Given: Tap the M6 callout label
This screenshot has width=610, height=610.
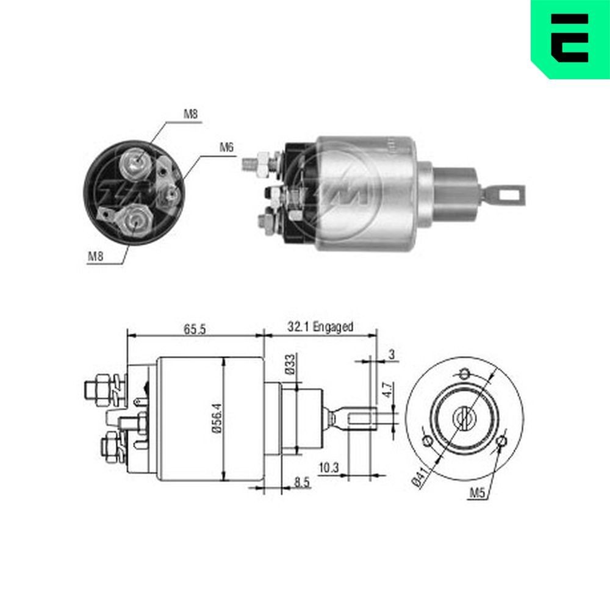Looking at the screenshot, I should coord(226,148).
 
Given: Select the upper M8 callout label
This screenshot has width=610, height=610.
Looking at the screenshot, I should coord(191,114).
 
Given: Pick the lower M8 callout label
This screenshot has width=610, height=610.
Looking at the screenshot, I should coord(95,257).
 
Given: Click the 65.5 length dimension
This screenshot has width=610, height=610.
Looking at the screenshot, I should coord(193,328).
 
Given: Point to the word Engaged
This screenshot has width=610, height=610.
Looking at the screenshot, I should coord(332,327).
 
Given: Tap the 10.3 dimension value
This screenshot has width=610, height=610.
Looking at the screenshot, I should coord(329,468).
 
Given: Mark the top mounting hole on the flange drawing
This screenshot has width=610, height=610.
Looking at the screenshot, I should coord(465,373).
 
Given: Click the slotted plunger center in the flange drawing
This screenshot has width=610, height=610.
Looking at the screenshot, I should coord(465,418).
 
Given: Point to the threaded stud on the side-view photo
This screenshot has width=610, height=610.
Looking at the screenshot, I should coord(249,163).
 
